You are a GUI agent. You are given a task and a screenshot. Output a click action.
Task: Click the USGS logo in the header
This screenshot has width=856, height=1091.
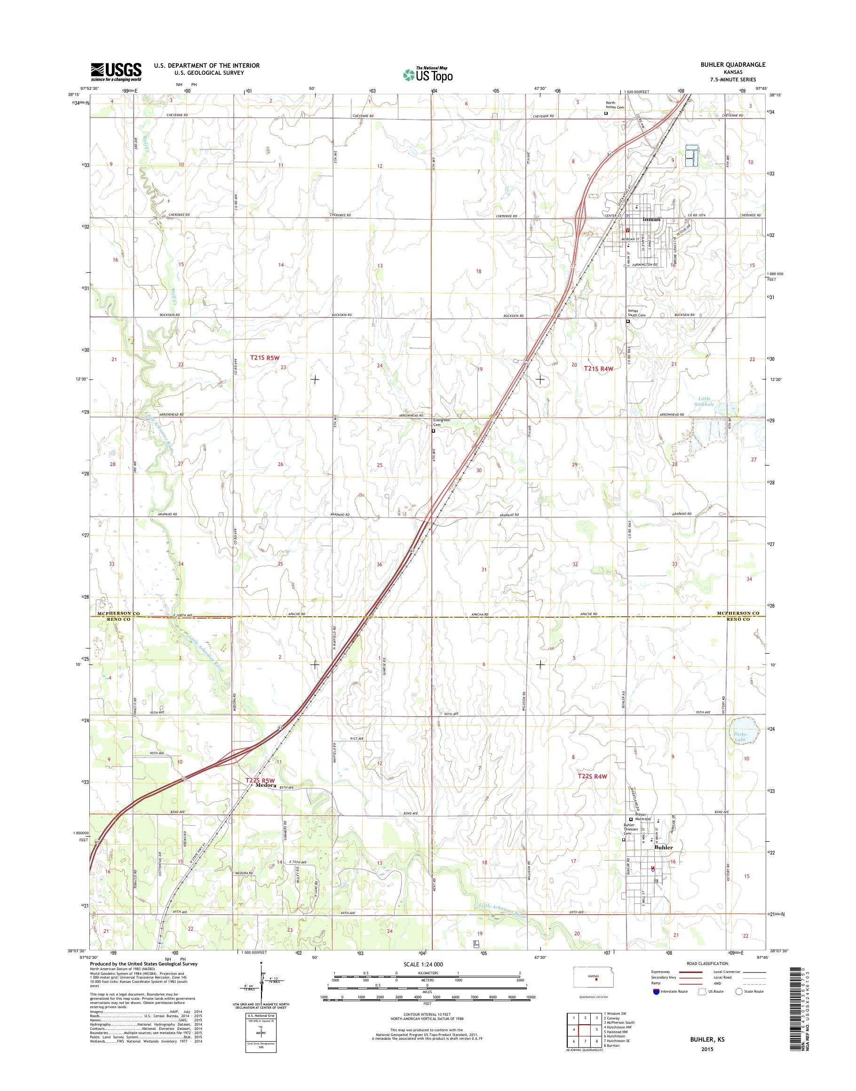point(116,71)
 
